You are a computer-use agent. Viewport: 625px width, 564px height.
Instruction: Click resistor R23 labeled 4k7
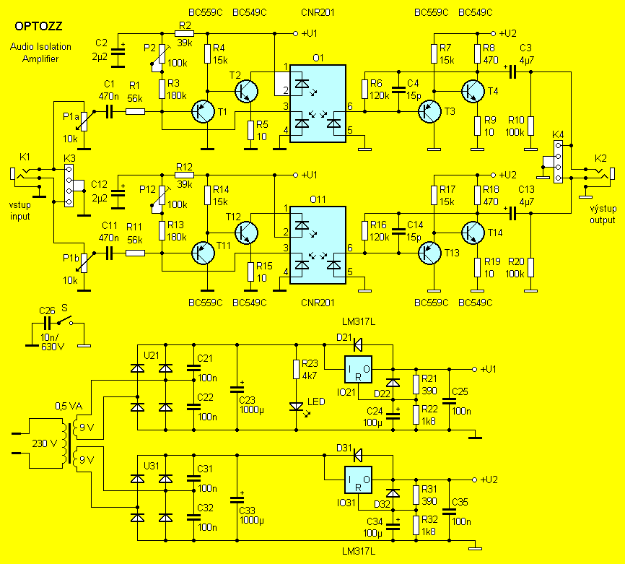click(x=295, y=370)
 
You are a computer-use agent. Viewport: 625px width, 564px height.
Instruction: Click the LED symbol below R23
click(x=295, y=407)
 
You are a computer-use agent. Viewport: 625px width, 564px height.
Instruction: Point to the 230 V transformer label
click(x=43, y=443)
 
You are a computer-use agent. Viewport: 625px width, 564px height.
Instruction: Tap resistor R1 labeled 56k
click(x=135, y=111)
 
